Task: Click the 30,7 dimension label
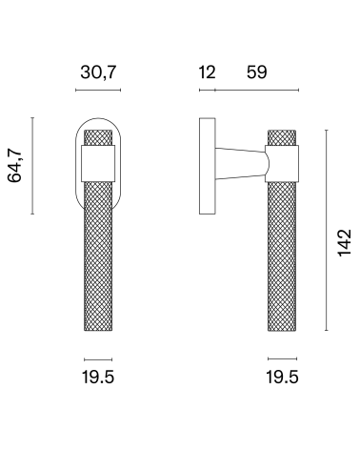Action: [98, 72]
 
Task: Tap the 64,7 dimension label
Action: [15, 165]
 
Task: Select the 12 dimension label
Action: [207, 72]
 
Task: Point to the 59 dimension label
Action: [257, 72]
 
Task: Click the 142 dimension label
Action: [344, 242]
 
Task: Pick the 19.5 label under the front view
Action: [98, 378]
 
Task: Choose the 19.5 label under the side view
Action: [282, 378]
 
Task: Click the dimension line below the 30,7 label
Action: [98, 90]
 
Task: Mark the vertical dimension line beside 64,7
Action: [32, 166]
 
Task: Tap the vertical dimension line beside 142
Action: [327, 230]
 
